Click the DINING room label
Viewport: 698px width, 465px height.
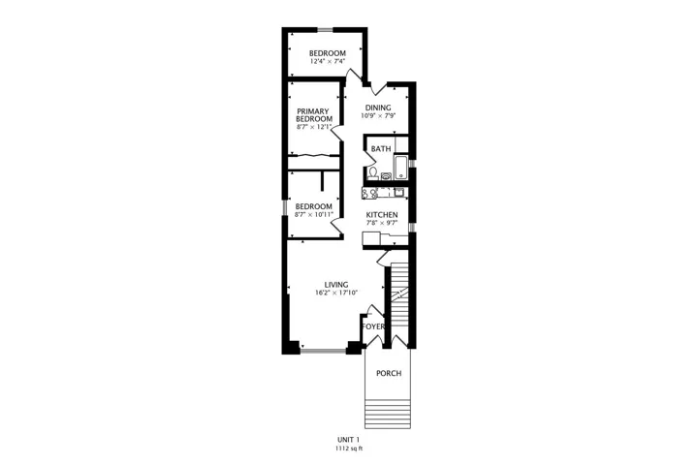[x=378, y=108]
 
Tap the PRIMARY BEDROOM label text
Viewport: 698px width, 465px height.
[x=314, y=115]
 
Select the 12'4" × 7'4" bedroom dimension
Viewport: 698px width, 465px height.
[x=328, y=61]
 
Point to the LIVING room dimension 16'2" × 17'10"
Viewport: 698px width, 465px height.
[x=336, y=293]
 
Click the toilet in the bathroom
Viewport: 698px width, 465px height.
[x=373, y=172]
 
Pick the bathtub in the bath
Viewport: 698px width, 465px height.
[x=401, y=168]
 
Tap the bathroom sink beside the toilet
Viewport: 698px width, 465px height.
[x=386, y=176]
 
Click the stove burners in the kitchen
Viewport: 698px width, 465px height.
[x=369, y=193]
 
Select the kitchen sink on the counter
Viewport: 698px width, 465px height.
[x=398, y=192]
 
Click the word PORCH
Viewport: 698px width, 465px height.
[x=389, y=373]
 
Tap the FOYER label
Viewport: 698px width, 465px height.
[x=373, y=326]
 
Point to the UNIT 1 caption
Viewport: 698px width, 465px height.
[x=349, y=440]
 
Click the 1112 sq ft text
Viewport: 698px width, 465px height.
[x=349, y=449]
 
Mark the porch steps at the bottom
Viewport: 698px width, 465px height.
[x=387, y=414]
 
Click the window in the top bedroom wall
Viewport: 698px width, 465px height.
[x=325, y=30]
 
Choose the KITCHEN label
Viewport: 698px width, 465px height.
[x=382, y=215]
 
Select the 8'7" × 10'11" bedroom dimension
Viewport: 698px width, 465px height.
[x=314, y=215]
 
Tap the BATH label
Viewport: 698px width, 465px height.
[x=381, y=148]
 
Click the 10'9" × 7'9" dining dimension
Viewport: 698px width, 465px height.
[x=378, y=115]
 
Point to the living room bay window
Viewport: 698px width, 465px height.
[x=324, y=352]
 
